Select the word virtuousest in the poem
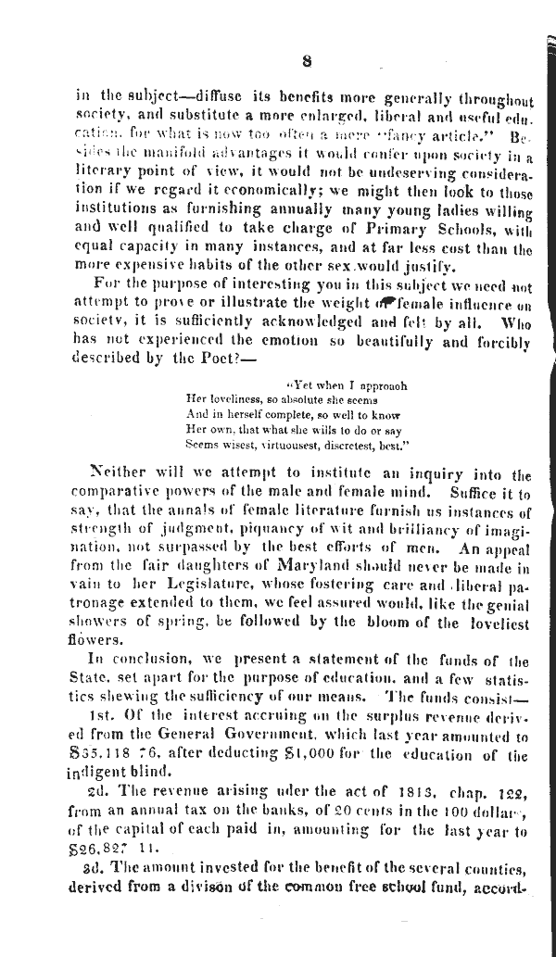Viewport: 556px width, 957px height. [x=278, y=445]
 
